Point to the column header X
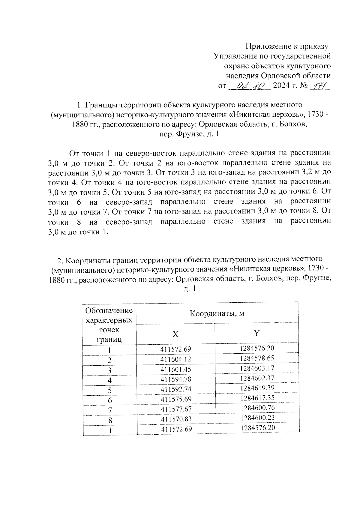click(x=175, y=334)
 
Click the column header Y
click(x=257, y=333)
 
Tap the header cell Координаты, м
click(x=217, y=313)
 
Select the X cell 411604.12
click(x=176, y=359)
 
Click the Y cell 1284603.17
click(x=257, y=368)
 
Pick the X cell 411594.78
click(x=176, y=379)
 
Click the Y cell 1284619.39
click(x=257, y=388)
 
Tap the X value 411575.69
click(x=176, y=399)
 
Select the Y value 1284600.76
click(x=257, y=408)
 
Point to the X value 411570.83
click(x=176, y=419)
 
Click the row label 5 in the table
click(x=110, y=390)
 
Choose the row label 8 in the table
click(x=110, y=420)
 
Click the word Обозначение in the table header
click(x=109, y=310)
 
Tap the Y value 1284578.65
click(x=257, y=358)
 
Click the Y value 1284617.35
click(x=257, y=398)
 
